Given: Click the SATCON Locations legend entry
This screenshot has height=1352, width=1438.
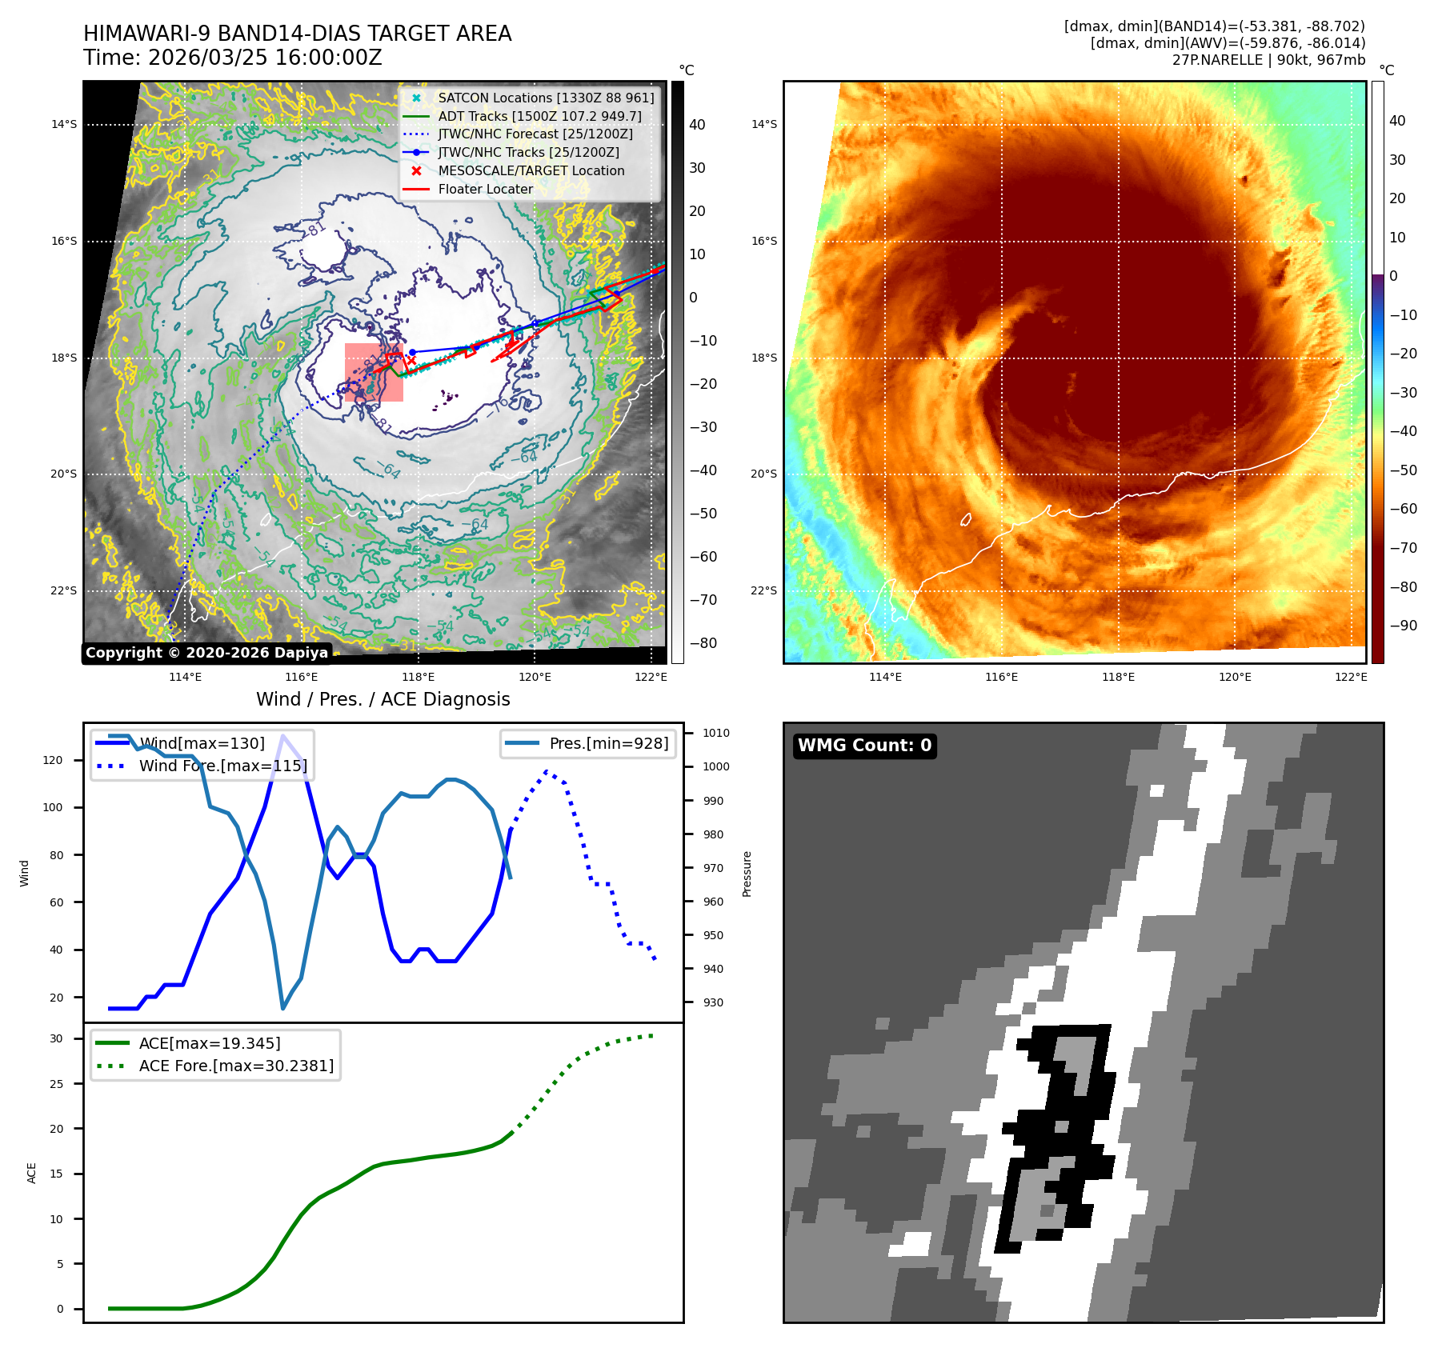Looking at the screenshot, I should [545, 98].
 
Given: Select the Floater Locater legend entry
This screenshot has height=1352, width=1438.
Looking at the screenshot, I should [485, 190].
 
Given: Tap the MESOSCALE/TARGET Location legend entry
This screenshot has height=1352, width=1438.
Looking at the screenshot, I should [531, 171].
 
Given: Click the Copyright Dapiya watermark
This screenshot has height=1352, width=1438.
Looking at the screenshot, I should [206, 653].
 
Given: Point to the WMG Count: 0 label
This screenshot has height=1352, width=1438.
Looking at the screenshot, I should [864, 746].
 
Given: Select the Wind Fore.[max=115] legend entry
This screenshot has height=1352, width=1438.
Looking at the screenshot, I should [222, 766].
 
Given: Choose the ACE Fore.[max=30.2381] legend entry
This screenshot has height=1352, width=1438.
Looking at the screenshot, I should [236, 1066].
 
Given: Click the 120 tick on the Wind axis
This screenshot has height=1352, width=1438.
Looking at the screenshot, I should [53, 760].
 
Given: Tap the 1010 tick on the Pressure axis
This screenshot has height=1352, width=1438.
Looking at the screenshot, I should [716, 733].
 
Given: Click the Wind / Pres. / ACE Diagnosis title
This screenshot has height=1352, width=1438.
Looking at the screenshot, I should [383, 699].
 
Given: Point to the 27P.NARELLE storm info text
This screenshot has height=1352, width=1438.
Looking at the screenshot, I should [1268, 60].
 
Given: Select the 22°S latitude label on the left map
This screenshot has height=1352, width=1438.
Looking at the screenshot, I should [64, 590].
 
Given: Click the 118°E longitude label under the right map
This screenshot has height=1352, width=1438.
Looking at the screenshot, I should [1118, 677].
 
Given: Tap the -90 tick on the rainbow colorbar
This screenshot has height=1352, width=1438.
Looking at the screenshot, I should [1403, 626].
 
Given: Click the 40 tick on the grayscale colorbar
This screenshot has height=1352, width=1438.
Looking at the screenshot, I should [697, 125].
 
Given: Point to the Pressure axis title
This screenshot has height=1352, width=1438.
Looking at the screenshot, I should [747, 874].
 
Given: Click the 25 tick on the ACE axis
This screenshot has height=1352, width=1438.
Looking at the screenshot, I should [56, 1084].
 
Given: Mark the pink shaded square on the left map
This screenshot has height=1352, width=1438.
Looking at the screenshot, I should [374, 373].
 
